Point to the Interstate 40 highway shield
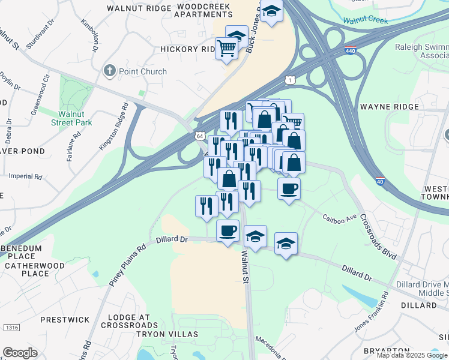click(x=379, y=181)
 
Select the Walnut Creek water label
click(x=366, y=20)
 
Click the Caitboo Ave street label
click(x=339, y=217)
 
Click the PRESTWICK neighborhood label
click(x=65, y=320)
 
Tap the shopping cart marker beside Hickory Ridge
click(x=227, y=47)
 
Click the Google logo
click(x=20, y=353)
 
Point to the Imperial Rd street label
click(x=26, y=177)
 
